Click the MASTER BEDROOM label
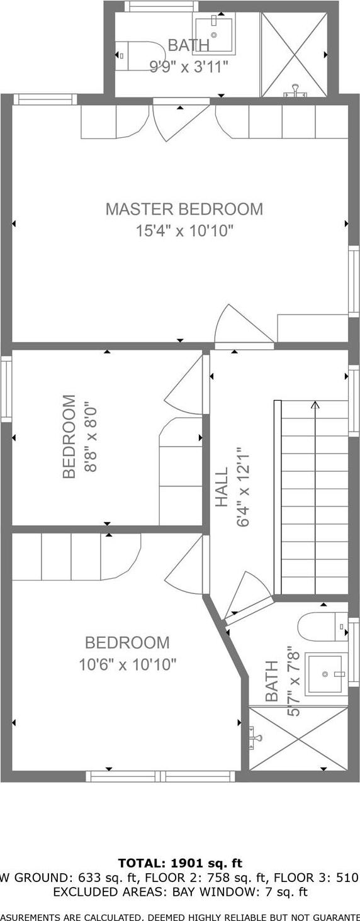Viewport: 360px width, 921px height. click(184, 209)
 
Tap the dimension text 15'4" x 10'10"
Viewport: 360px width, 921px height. click(184, 231)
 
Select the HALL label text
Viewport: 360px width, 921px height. click(222, 487)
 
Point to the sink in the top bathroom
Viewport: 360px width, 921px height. click(213, 35)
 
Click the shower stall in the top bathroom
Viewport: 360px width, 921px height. click(294, 54)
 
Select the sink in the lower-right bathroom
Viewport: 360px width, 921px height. click(325, 674)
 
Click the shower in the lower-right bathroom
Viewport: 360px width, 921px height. click(298, 737)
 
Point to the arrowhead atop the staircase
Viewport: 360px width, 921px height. click(315, 405)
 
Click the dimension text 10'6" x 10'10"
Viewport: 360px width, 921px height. click(127, 664)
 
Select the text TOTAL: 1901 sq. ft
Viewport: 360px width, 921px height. click(180, 863)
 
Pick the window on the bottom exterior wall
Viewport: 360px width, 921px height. click(160, 776)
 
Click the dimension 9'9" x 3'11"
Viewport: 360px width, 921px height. click(188, 66)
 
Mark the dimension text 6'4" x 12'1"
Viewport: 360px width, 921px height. click(244, 487)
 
